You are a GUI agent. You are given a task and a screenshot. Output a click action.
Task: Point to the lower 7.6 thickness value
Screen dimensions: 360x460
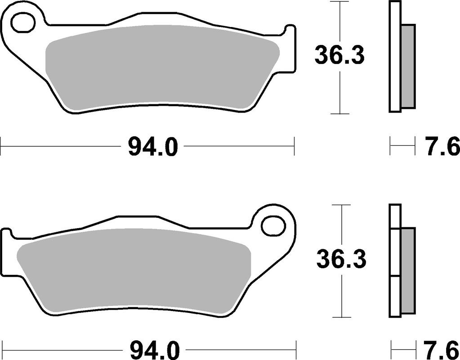tap(442, 349)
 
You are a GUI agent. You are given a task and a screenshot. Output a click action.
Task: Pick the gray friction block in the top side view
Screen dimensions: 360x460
tap(408, 66)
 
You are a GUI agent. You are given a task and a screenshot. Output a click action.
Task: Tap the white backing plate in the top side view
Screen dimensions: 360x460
tap(395, 56)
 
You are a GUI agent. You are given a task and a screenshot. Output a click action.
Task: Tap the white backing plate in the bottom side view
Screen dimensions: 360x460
tap(395, 261)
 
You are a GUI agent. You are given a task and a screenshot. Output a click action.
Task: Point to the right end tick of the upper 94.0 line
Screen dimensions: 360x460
tap(294, 146)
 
